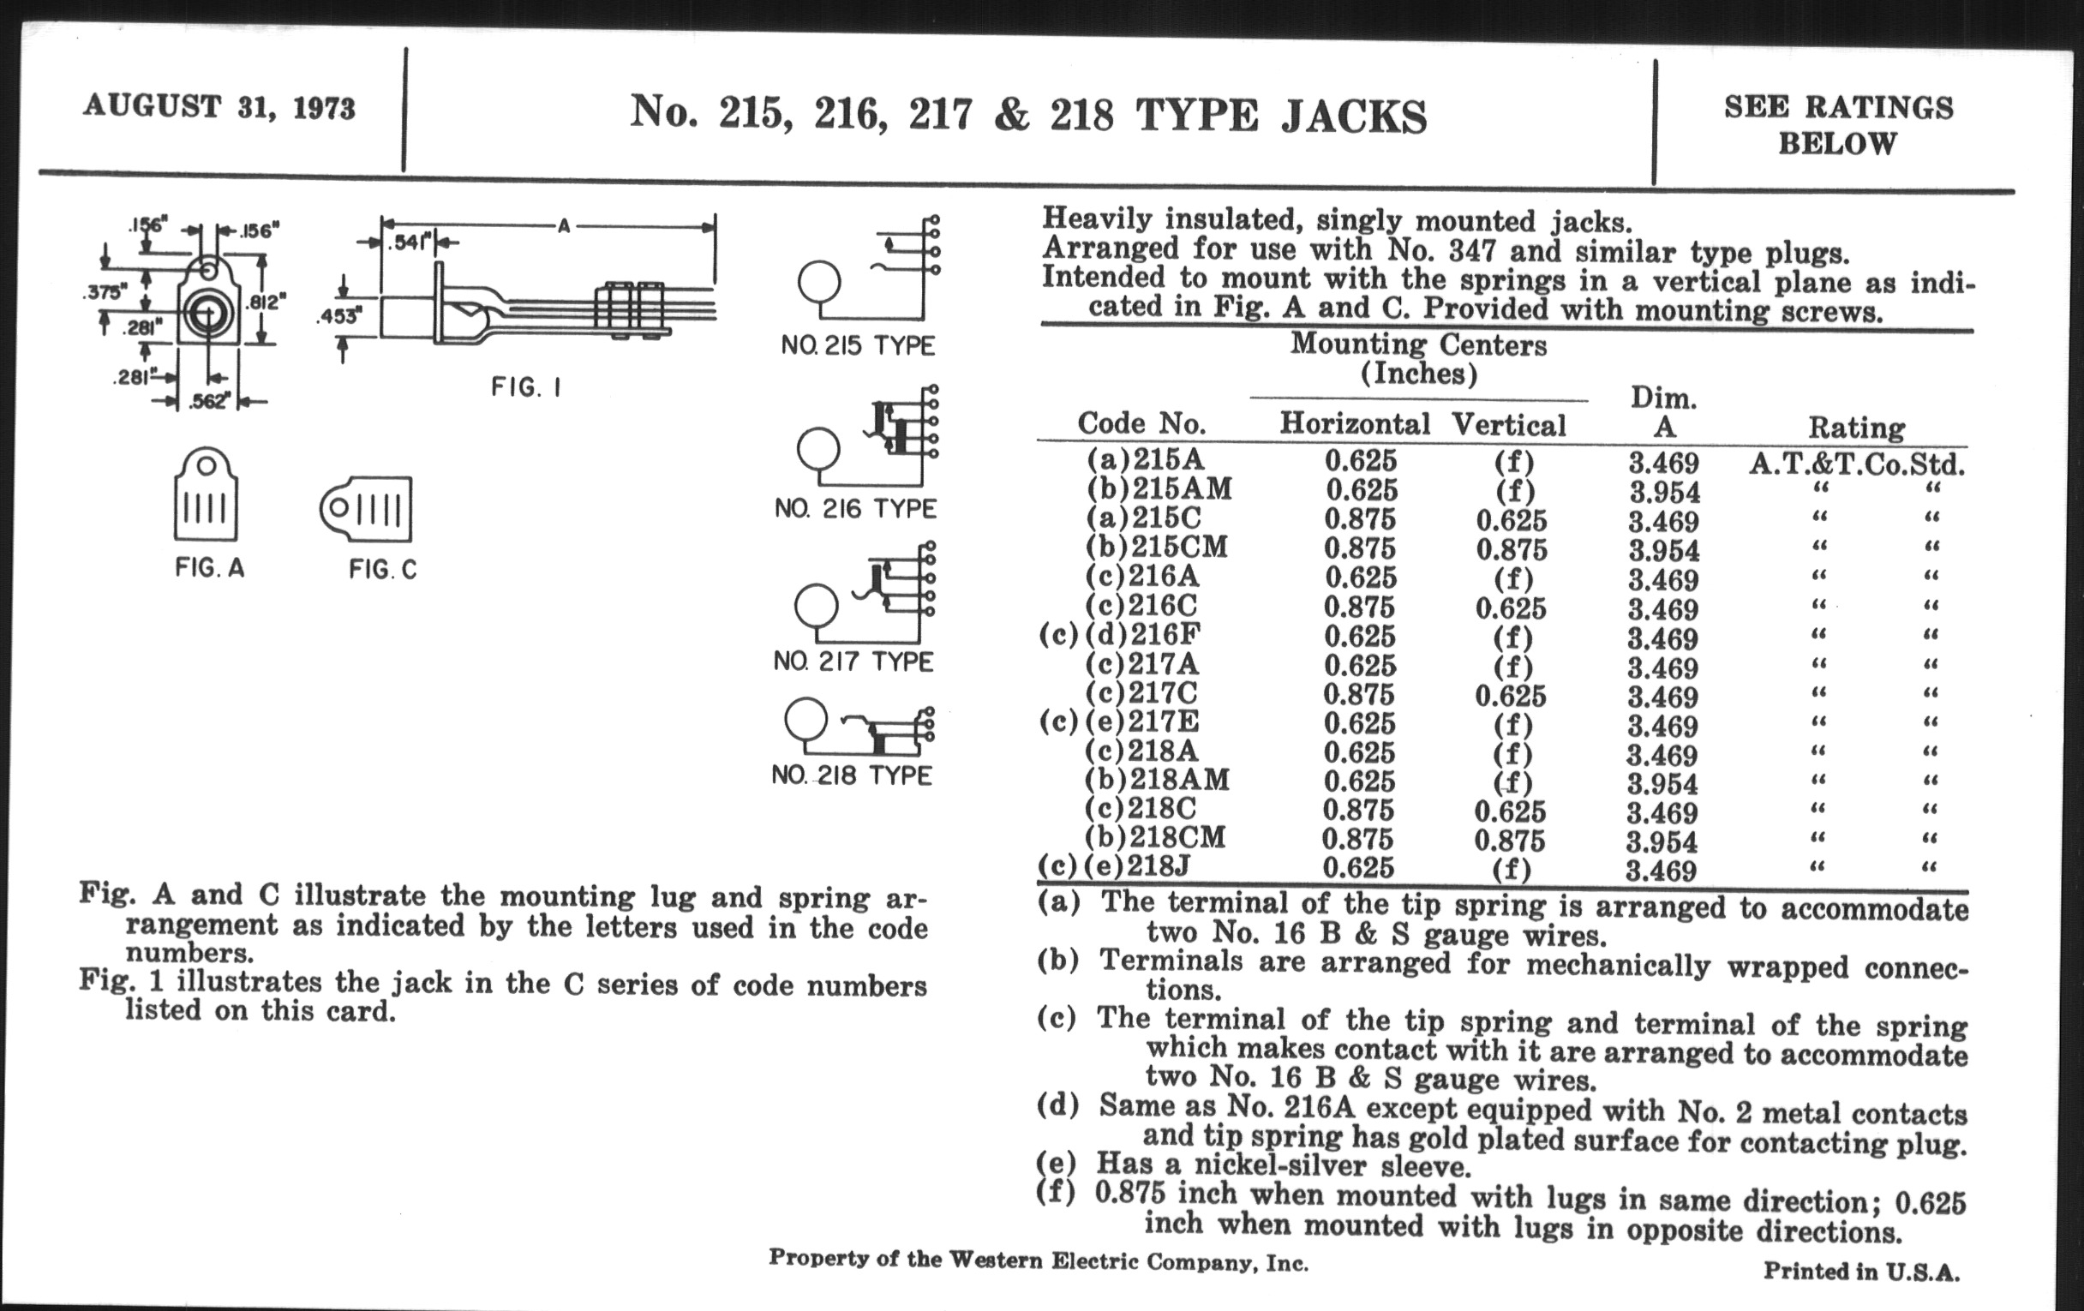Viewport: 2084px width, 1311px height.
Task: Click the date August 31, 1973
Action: coord(219,107)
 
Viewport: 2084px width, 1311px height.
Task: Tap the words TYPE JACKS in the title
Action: coord(1281,115)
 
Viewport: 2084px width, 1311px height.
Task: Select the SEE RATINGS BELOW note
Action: coord(1838,124)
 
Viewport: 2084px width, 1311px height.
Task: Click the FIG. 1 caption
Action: coord(526,386)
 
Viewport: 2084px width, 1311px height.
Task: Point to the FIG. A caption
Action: coord(209,567)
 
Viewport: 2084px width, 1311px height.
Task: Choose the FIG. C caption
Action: coord(382,570)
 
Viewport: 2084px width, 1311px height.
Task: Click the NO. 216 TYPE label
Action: coord(855,508)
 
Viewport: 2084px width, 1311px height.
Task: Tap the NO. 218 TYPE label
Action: coord(852,775)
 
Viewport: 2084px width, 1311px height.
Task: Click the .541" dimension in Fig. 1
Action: coord(410,243)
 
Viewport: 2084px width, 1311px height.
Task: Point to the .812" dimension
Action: coord(266,302)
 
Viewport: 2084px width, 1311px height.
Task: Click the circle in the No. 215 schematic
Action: coord(818,283)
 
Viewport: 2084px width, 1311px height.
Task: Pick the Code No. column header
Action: coord(1141,423)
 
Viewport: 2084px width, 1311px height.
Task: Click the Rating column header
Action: coord(1856,428)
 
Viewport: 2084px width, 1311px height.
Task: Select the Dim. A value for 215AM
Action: coord(1664,493)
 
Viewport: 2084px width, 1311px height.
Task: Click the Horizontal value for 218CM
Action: coord(1358,840)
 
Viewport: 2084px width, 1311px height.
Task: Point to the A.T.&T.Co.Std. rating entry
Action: coord(1856,464)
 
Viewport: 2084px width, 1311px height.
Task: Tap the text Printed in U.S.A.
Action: coord(1861,1272)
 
